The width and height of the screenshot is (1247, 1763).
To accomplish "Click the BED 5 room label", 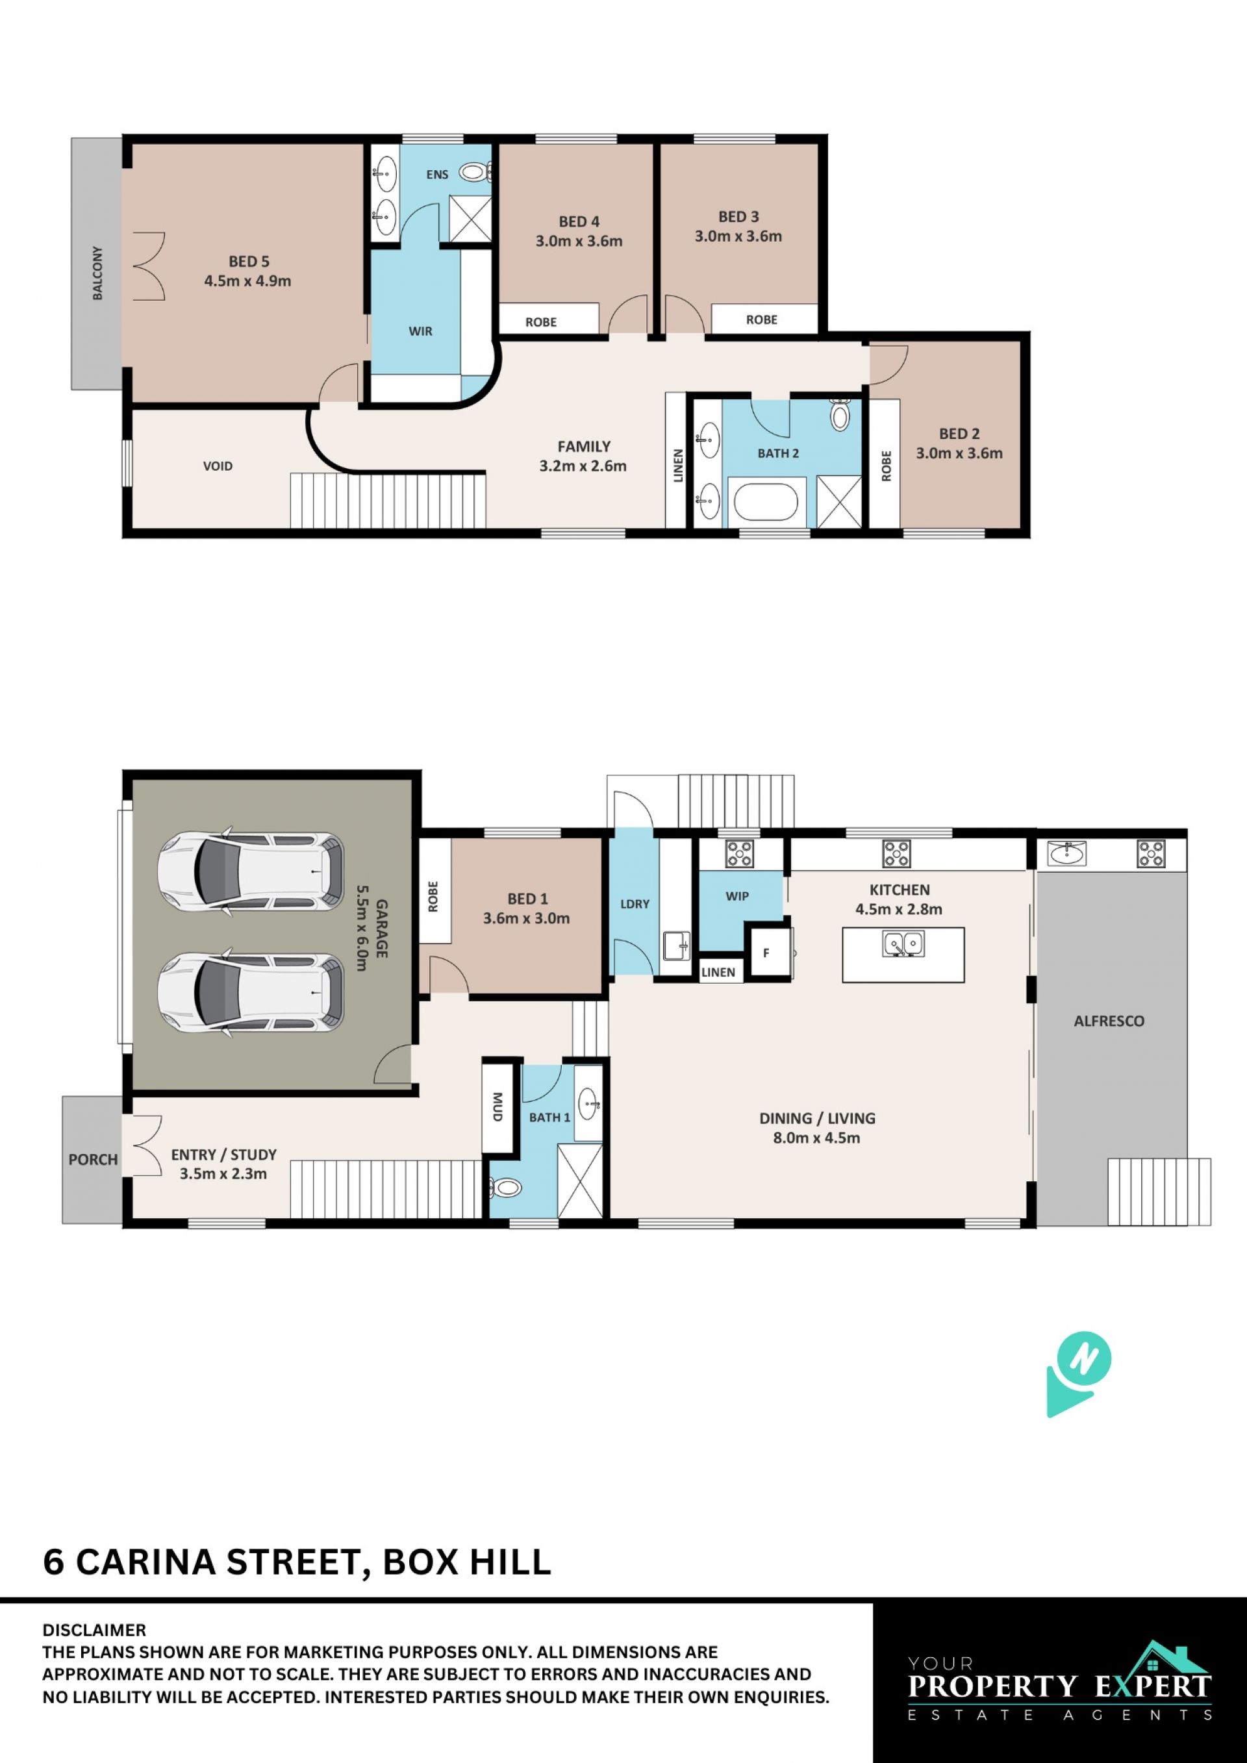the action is [x=249, y=262].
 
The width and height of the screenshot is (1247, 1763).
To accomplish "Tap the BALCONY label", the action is [x=97, y=273].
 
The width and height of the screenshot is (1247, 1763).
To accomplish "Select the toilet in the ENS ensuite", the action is [x=475, y=173].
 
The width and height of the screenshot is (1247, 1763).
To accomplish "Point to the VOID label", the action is [x=218, y=466].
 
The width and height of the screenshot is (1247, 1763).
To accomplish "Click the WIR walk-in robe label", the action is [x=420, y=331].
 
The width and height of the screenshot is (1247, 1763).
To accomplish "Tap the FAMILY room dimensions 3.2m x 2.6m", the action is [x=583, y=466].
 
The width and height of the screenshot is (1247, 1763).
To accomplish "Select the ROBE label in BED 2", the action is [x=886, y=466].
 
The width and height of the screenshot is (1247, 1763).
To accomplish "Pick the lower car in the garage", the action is [x=250, y=992].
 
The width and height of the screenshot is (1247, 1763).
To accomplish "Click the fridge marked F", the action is [x=770, y=953].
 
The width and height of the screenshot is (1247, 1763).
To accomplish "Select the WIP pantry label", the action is [x=737, y=896].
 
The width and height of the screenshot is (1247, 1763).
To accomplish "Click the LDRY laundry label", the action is [x=635, y=904].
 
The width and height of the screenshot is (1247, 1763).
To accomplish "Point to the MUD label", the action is [x=498, y=1107].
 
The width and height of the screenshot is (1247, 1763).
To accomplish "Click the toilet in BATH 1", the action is [x=505, y=1188].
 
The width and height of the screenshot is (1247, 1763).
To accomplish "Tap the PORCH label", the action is [x=93, y=1160].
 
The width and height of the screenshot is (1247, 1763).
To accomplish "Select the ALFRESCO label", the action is [x=1109, y=1021].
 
